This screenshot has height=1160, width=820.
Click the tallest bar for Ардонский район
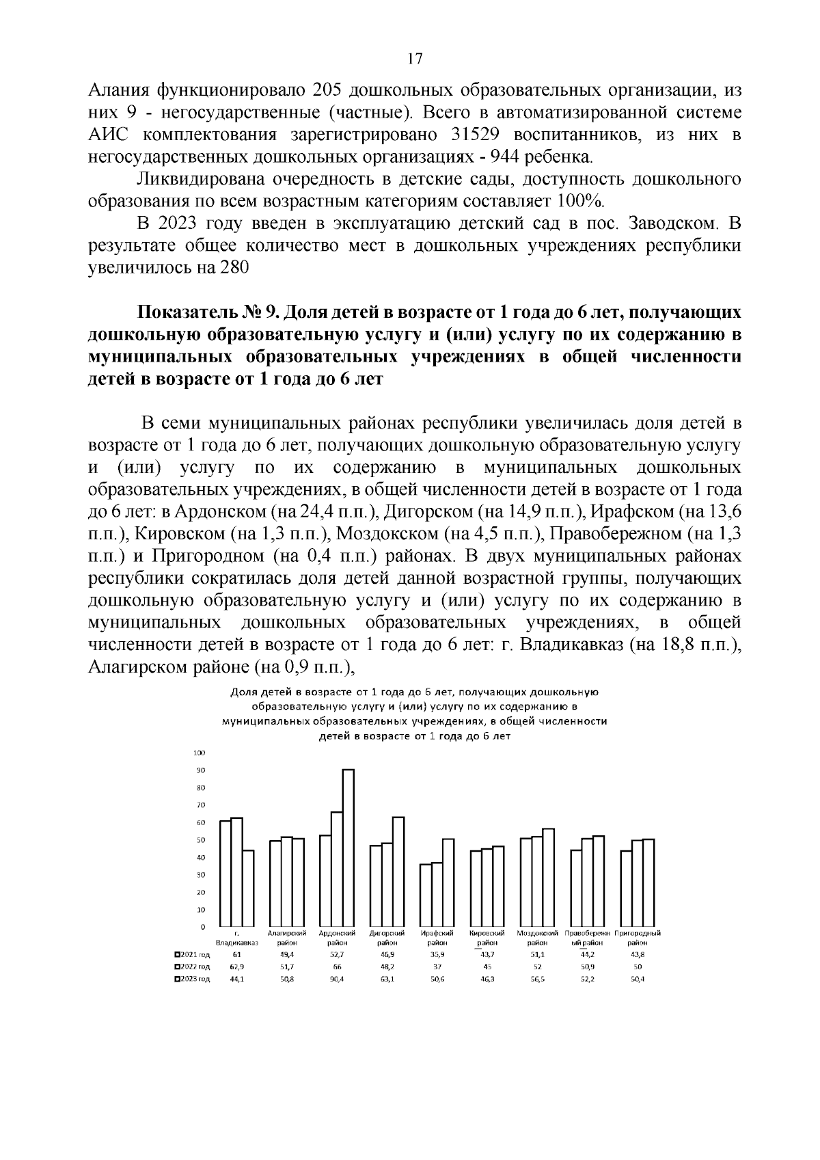click(348, 848)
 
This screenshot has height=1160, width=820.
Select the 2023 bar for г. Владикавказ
click(248, 889)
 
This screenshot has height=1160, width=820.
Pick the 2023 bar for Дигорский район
click(398, 872)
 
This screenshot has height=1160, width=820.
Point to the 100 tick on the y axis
click(200, 753)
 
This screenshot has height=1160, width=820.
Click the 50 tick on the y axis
click(200, 840)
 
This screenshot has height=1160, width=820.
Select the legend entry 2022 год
click(193, 967)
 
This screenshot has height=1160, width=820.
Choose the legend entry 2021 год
click(193, 954)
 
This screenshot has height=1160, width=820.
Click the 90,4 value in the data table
click(337, 979)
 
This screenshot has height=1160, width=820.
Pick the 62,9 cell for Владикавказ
click(236, 967)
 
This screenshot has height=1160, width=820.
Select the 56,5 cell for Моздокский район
click(538, 979)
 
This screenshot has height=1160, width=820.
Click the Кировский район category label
click(487, 938)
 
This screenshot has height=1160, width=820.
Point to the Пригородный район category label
click(638, 938)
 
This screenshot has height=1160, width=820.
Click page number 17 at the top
click(414, 59)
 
